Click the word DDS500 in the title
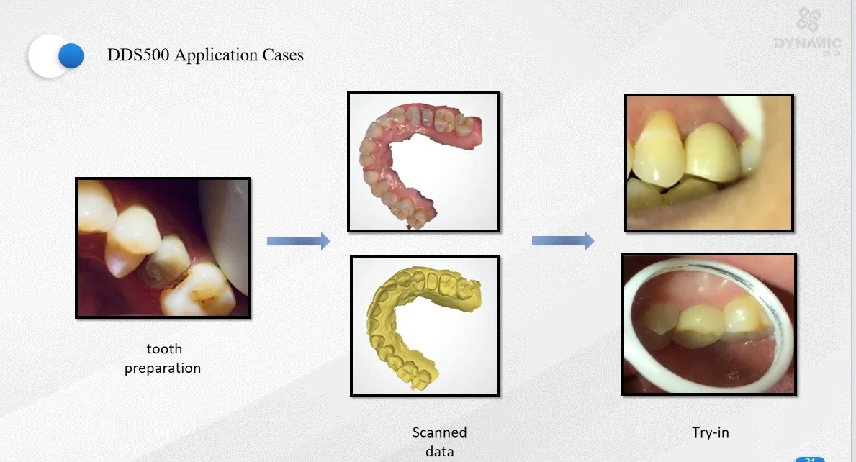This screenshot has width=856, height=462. pyautogui.click(x=138, y=55)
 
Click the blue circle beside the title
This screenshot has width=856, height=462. pyautogui.click(x=71, y=55)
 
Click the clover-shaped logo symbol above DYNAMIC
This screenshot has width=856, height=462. pyautogui.click(x=808, y=20)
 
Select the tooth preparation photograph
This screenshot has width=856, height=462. pyautogui.click(x=163, y=248)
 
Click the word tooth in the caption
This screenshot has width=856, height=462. pyautogui.click(x=164, y=349)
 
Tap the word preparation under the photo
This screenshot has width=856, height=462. pyautogui.click(x=163, y=368)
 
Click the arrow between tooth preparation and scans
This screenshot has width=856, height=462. pyautogui.click(x=298, y=241)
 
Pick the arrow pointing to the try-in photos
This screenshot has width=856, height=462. pyautogui.click(x=563, y=241)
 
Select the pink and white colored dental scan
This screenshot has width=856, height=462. pyautogui.click(x=423, y=161)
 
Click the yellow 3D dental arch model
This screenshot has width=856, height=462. pyautogui.click(x=424, y=325)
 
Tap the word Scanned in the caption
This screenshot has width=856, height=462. pyautogui.click(x=439, y=432)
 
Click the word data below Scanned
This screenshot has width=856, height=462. pyautogui.click(x=439, y=451)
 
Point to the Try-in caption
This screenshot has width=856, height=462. pyautogui.click(x=710, y=432)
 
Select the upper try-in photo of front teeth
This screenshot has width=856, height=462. pyautogui.click(x=709, y=163)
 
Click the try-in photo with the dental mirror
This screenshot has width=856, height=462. pyautogui.click(x=709, y=324)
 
